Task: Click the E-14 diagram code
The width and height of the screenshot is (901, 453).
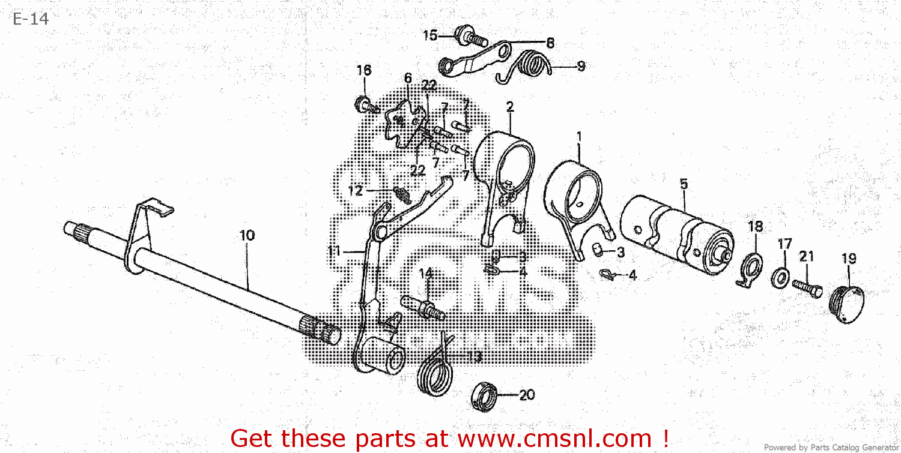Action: (29, 19)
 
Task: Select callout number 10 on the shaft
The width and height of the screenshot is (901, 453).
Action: (247, 235)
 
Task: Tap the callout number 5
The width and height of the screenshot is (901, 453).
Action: (684, 184)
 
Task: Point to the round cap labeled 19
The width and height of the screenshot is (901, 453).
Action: (848, 304)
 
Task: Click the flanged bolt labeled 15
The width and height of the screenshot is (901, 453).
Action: (469, 36)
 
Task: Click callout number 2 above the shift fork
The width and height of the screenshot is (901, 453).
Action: (510, 107)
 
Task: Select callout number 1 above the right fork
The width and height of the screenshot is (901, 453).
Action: (579, 136)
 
